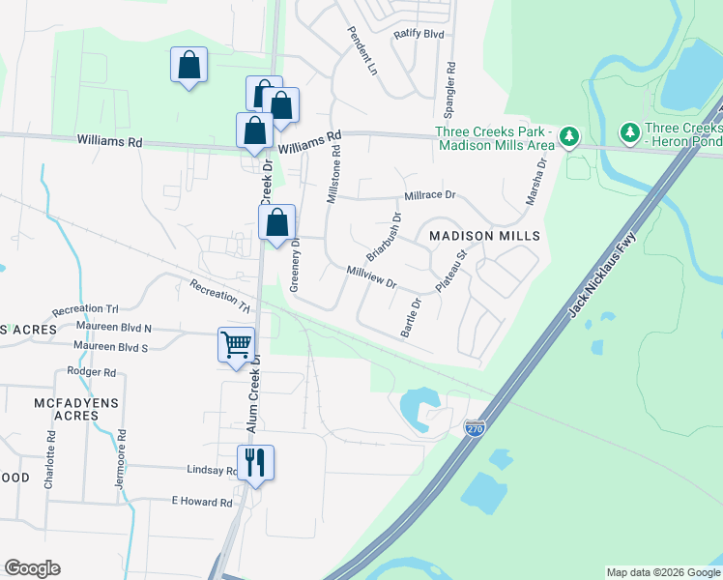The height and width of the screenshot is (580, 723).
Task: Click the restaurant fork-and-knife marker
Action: tap(255, 461)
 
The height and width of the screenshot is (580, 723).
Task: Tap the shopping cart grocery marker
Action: tap(237, 343)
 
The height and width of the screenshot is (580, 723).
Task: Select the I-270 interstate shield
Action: tap(474, 427)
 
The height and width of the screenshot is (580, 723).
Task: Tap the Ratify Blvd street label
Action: tap(418, 34)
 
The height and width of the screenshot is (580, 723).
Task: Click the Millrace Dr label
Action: tap(429, 195)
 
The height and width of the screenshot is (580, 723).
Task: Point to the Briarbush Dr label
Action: tap(384, 237)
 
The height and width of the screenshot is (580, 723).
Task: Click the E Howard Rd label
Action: tap(202, 503)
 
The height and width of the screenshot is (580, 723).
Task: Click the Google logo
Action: tap(33, 568)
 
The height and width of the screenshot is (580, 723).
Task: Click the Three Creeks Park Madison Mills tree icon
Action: tap(569, 136)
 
